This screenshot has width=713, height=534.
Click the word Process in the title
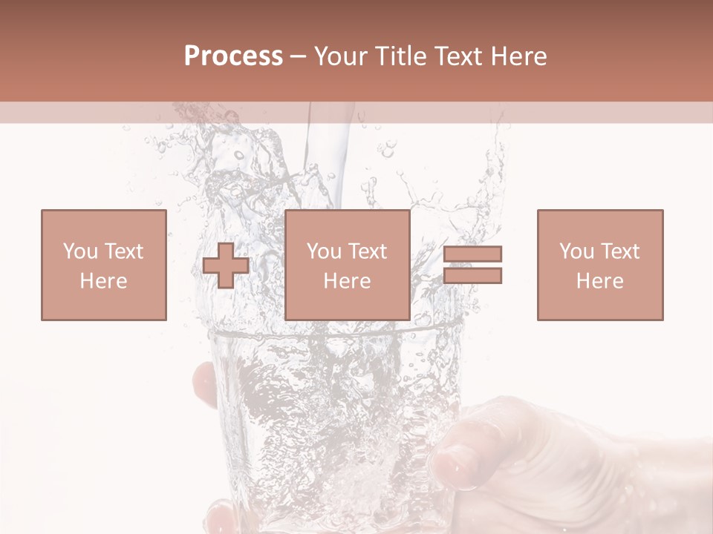click(233, 56)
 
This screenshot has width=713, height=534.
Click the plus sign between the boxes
click(226, 266)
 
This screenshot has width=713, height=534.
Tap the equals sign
click(472, 265)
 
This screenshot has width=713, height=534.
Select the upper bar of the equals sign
click(472, 254)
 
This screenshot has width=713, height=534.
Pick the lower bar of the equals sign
click(472, 276)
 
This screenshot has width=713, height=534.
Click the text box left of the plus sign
click(103, 265)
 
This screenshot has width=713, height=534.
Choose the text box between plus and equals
click(347, 265)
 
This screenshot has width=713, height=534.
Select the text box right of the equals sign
click(599, 265)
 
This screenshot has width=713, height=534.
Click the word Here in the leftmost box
click(103, 281)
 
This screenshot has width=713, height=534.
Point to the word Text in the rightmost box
click(619, 251)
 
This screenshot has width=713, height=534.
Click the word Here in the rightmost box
click(599, 281)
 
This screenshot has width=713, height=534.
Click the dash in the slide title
click(299, 56)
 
